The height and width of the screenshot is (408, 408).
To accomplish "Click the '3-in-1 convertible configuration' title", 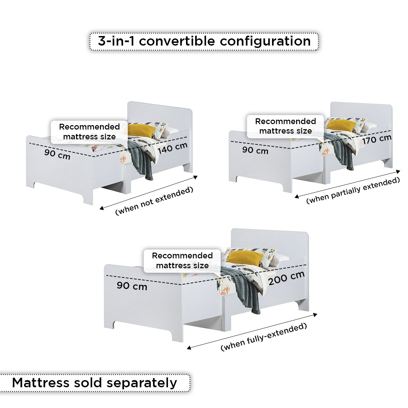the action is (x=204, y=41).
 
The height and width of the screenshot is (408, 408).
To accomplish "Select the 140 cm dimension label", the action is (x=173, y=148).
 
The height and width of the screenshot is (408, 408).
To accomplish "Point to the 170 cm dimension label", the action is (x=377, y=139).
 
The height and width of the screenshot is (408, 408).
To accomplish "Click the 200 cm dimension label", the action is (x=287, y=278).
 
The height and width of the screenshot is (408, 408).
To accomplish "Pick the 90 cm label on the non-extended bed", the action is (x=57, y=154).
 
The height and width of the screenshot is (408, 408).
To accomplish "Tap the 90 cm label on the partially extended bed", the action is (x=255, y=150).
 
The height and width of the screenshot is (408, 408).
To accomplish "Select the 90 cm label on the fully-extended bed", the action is (x=132, y=286).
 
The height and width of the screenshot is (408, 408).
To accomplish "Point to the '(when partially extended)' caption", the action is (x=353, y=190).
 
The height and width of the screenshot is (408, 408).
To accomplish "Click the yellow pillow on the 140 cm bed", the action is (x=141, y=131).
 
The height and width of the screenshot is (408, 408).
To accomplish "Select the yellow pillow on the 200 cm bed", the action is (x=245, y=258).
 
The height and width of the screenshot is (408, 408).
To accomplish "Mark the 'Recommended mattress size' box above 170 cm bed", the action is (x=285, y=126).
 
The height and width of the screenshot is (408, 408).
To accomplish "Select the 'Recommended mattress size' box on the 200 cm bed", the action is (x=182, y=261).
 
